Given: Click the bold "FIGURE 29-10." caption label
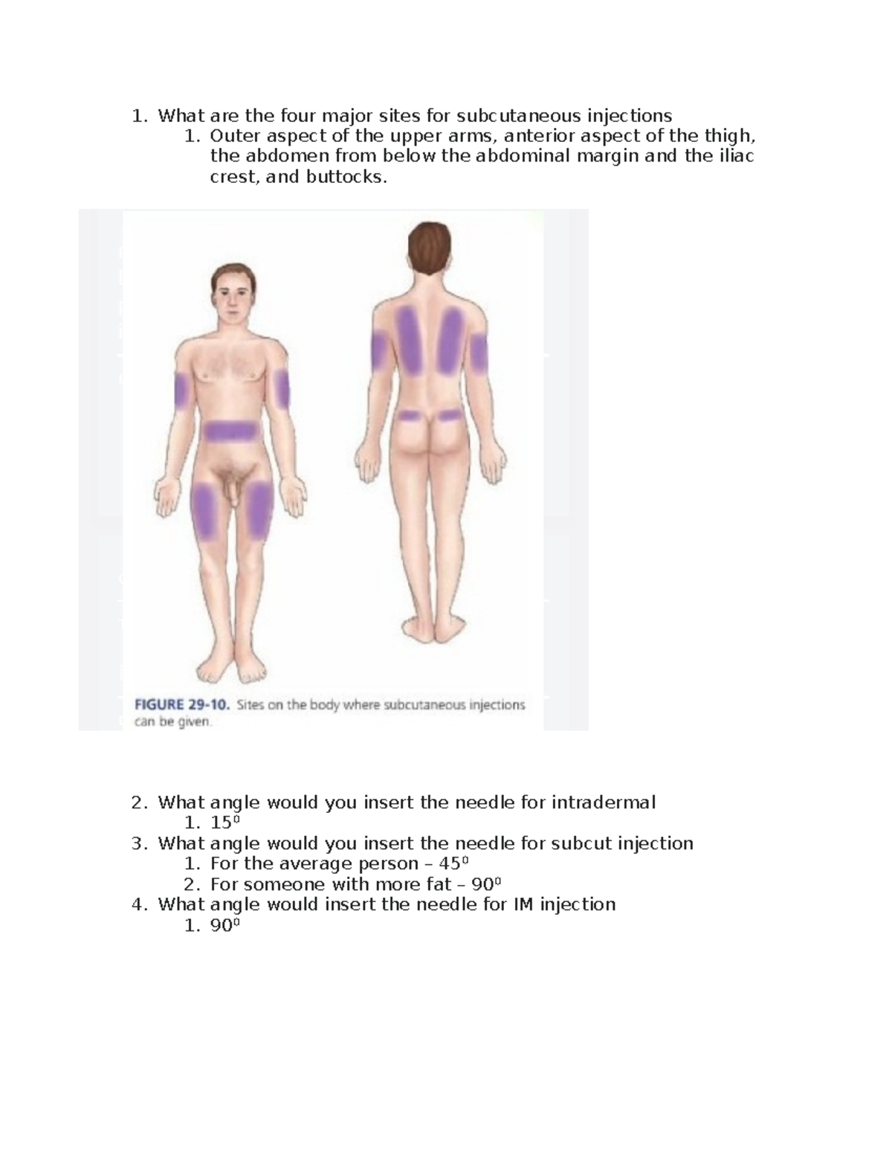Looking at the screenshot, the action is [x=182, y=705].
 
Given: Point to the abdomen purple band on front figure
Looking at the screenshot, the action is [x=230, y=431].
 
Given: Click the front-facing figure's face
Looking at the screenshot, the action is [x=233, y=297].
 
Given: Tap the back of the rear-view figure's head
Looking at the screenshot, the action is [x=430, y=247].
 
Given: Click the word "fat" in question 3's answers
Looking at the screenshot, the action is [x=439, y=884].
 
